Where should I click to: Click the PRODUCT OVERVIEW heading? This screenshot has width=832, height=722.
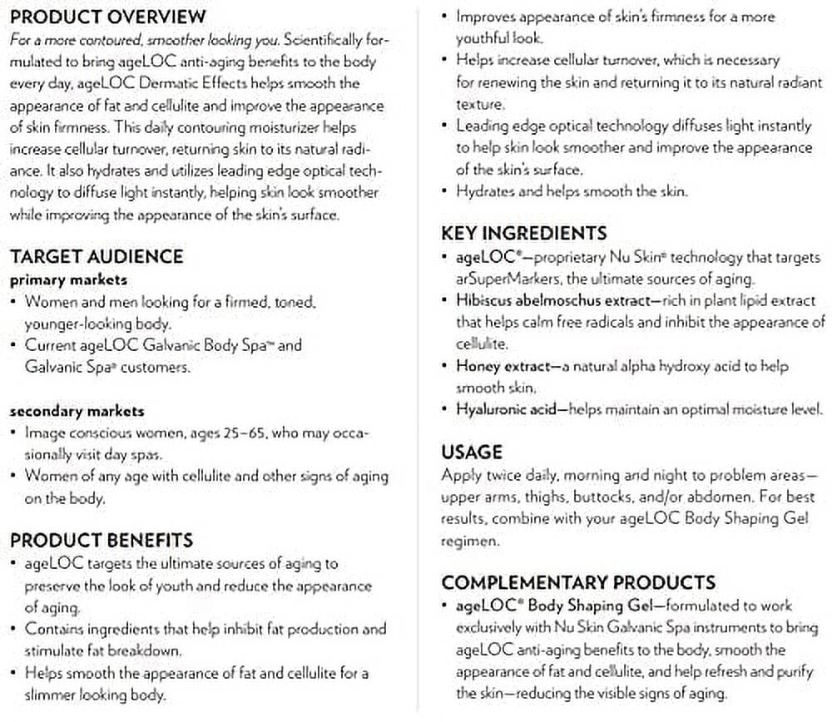pos(108,17)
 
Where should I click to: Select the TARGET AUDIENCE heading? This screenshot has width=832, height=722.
pos(97,256)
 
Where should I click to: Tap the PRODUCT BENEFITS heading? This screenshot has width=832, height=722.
pos(102,541)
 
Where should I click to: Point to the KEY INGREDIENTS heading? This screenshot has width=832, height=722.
pos(524,234)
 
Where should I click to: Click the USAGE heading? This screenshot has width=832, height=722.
pos(472,452)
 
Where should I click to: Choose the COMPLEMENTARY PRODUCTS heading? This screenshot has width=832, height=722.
pos(578,582)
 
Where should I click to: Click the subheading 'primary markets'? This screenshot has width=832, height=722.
pos(68,280)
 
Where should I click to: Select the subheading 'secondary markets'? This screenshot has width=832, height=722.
pos(77,411)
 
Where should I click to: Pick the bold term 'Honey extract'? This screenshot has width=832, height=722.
pos(503,366)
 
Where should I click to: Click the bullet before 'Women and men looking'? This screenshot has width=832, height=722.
pos(14,303)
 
